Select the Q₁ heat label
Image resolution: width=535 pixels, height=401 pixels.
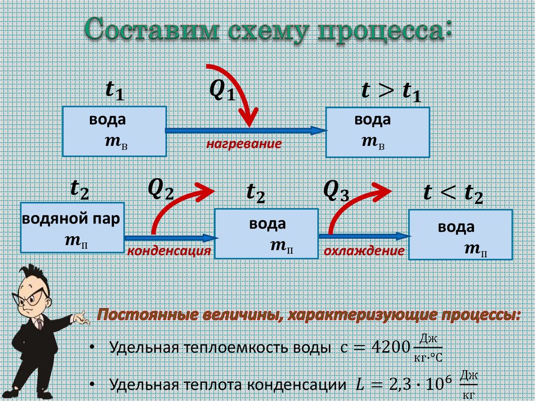pos(223,92)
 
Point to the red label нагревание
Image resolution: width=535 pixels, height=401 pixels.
pos(243,143)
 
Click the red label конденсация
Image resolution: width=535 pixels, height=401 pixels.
pos(169,251)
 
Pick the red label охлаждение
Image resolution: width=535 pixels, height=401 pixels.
pos(364,251)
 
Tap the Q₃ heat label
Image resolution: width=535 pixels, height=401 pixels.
pos(336,190)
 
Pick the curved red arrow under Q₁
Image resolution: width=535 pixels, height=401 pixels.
pos(238,94)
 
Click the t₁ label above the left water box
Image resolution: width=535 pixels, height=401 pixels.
pos(114,92)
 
